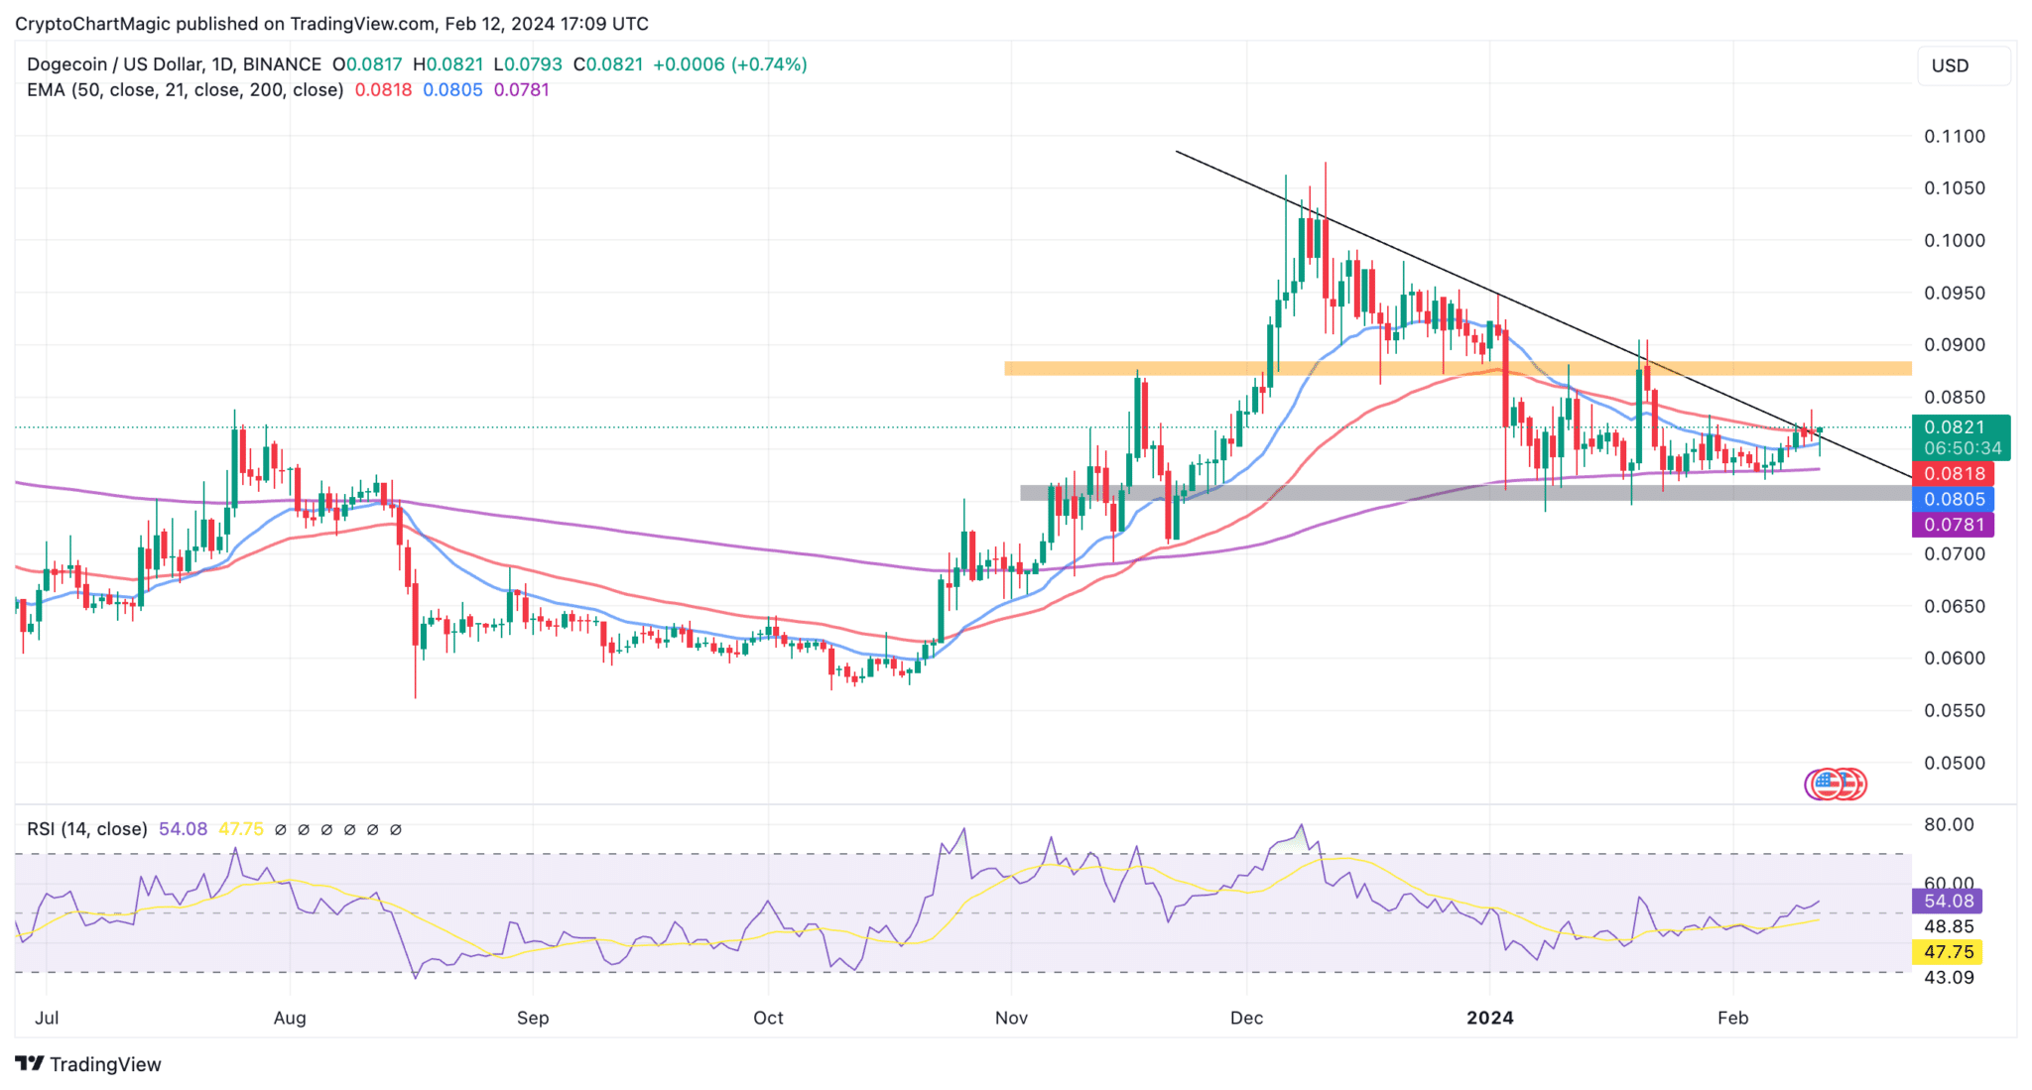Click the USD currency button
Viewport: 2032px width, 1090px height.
click(1950, 66)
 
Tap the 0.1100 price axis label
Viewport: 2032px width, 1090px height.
click(1955, 137)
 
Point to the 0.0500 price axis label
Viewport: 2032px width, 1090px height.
click(1955, 764)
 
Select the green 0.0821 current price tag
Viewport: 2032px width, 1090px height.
click(1955, 427)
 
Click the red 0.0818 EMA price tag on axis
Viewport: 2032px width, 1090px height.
click(1954, 474)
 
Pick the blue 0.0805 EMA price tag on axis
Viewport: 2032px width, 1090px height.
click(1954, 500)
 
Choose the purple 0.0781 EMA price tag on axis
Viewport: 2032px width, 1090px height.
click(1954, 525)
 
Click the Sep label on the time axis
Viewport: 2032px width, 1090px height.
click(533, 1019)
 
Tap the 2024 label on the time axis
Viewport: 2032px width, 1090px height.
click(1490, 1019)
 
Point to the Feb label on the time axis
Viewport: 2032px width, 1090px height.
click(1732, 1019)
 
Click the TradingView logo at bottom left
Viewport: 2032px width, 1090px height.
click(89, 1064)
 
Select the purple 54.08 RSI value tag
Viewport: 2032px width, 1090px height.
click(1948, 902)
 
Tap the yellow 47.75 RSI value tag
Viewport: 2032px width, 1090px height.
click(1948, 952)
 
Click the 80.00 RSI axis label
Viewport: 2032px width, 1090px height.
click(1949, 825)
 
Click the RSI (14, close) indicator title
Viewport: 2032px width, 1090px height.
click(87, 829)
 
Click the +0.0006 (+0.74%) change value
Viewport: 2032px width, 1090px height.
click(729, 64)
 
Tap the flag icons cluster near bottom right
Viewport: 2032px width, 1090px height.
click(1836, 785)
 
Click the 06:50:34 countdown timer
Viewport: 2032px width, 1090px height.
click(1962, 448)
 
